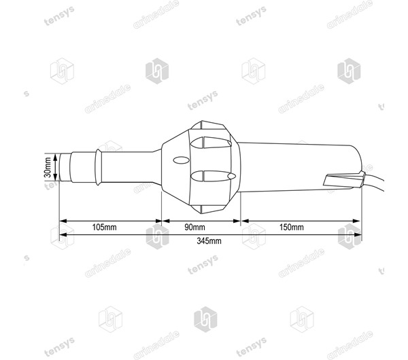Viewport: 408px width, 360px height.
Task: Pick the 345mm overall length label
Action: [209, 241]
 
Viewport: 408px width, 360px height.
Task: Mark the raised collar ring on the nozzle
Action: [101, 166]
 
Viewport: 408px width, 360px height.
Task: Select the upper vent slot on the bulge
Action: [212, 144]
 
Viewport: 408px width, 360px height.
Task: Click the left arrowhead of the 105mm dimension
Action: [63, 221]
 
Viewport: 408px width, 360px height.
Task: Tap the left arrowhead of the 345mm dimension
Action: [63, 234]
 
